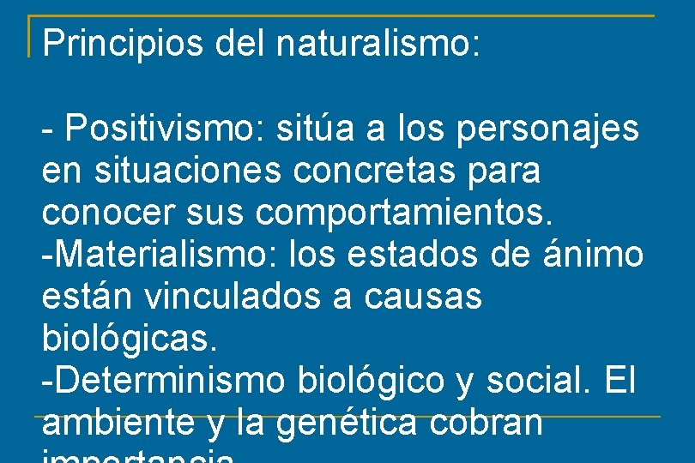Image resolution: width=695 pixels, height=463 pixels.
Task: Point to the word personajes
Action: click(548, 129)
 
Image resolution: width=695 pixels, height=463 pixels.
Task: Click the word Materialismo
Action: click(145, 255)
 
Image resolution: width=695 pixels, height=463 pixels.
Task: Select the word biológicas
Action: click(130, 339)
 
